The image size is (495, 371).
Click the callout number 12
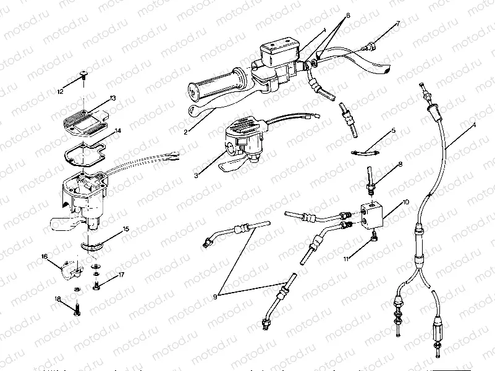pyautogui.click(x=60, y=92)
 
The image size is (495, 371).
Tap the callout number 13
pyautogui.click(x=112, y=98)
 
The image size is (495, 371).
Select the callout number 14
pyautogui.click(x=118, y=131)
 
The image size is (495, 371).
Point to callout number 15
pyautogui.click(x=125, y=229)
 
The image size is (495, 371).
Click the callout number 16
pyautogui.click(x=44, y=256)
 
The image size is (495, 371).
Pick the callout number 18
pyautogui.click(x=58, y=299)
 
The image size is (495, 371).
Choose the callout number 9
pyautogui.click(x=215, y=296)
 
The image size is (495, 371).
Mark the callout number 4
pyautogui.click(x=473, y=125)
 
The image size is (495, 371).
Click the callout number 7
pyautogui.click(x=398, y=23)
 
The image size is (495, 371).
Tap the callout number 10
pyautogui.click(x=405, y=202)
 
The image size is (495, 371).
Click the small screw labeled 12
pyautogui.click(x=83, y=76)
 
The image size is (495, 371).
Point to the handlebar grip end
pyautogui.click(x=194, y=93)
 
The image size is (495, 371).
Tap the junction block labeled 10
pyautogui.click(x=374, y=213)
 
